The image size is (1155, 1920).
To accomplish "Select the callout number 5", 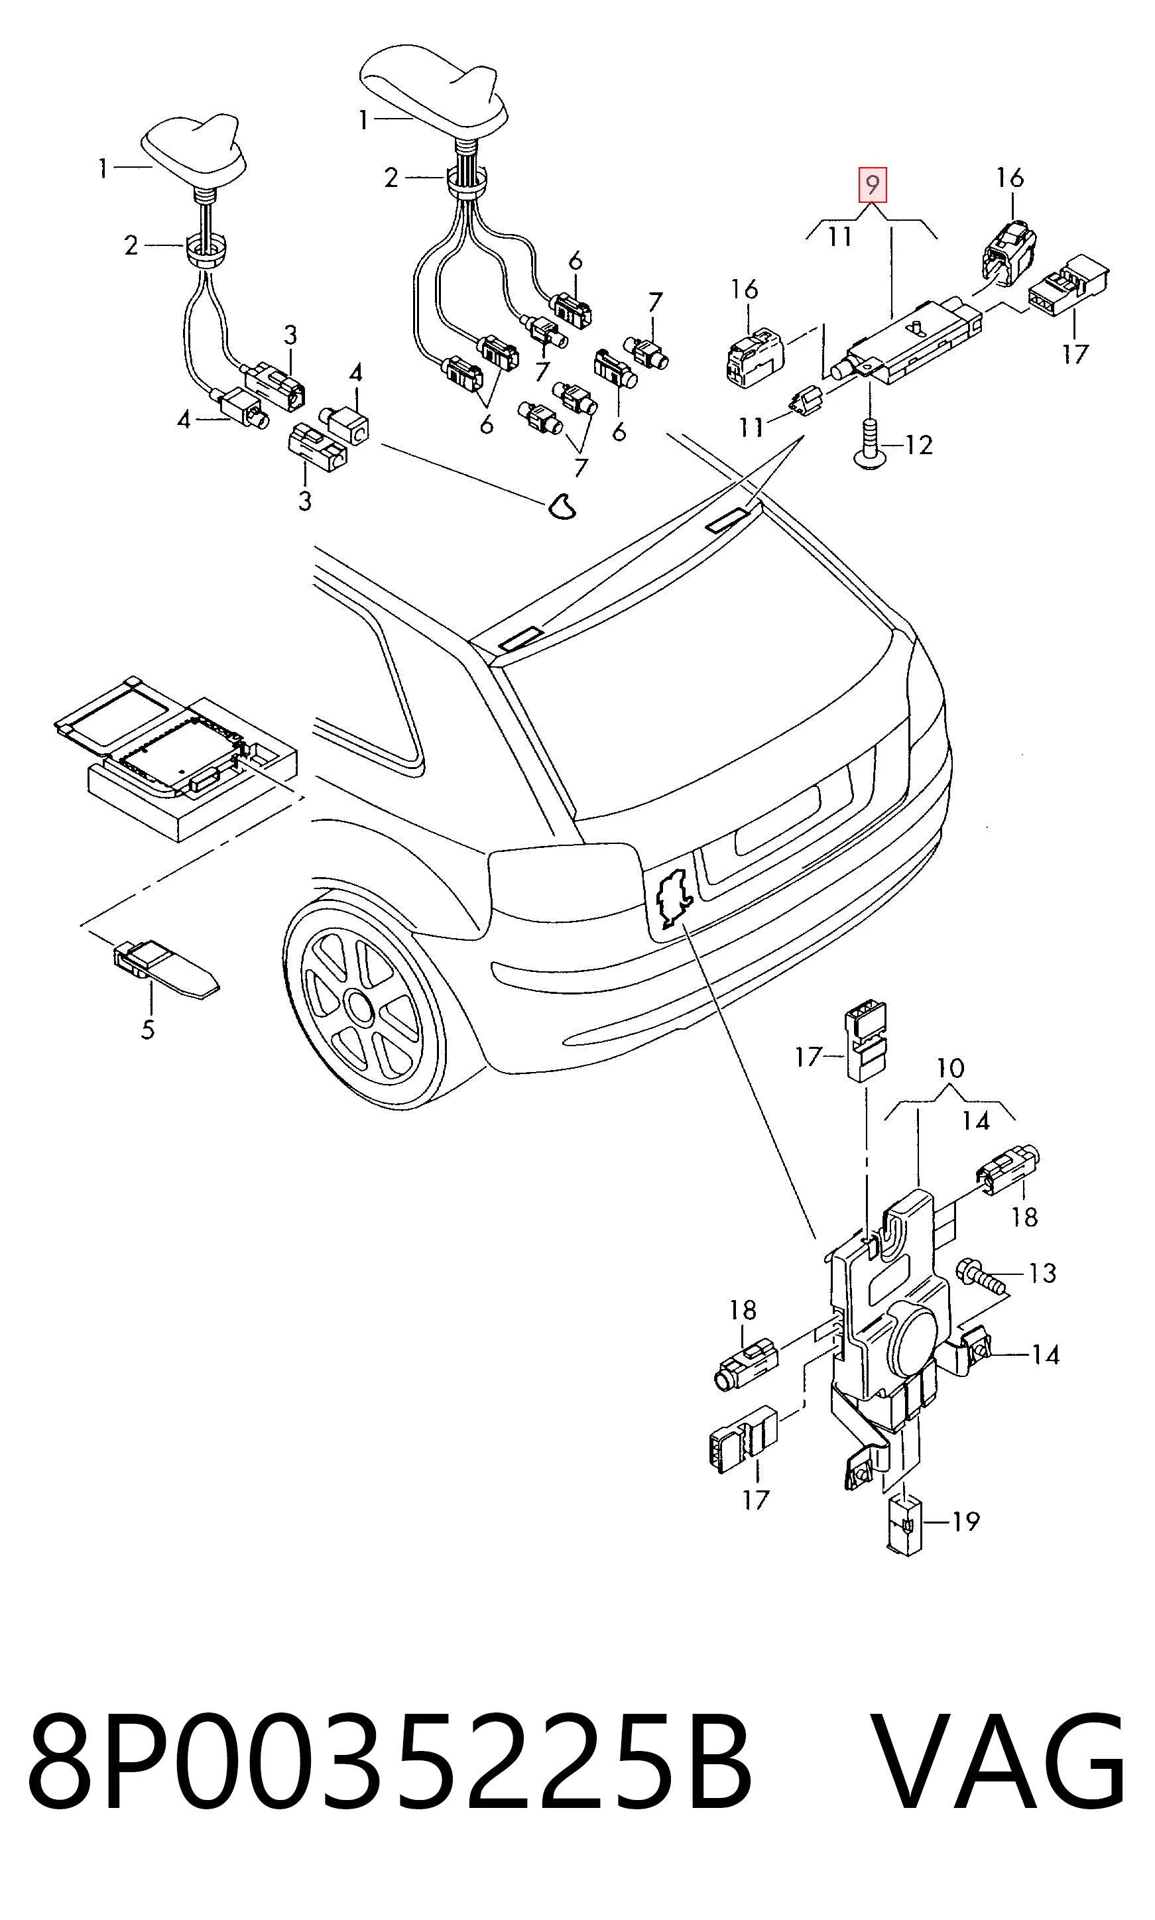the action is pyautogui.click(x=148, y=1029).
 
